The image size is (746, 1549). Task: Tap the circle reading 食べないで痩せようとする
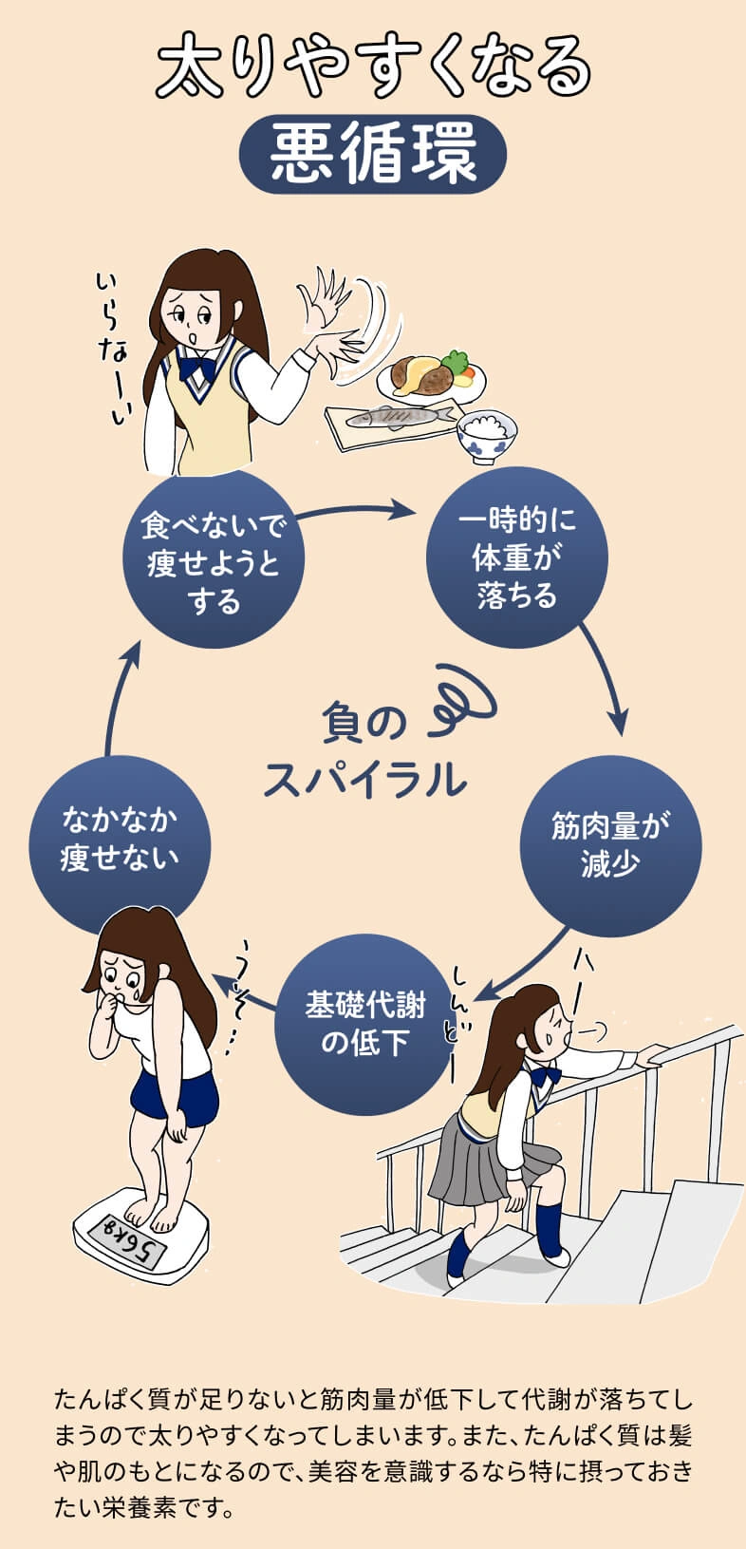point(214,560)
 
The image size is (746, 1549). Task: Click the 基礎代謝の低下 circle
point(364,1024)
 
